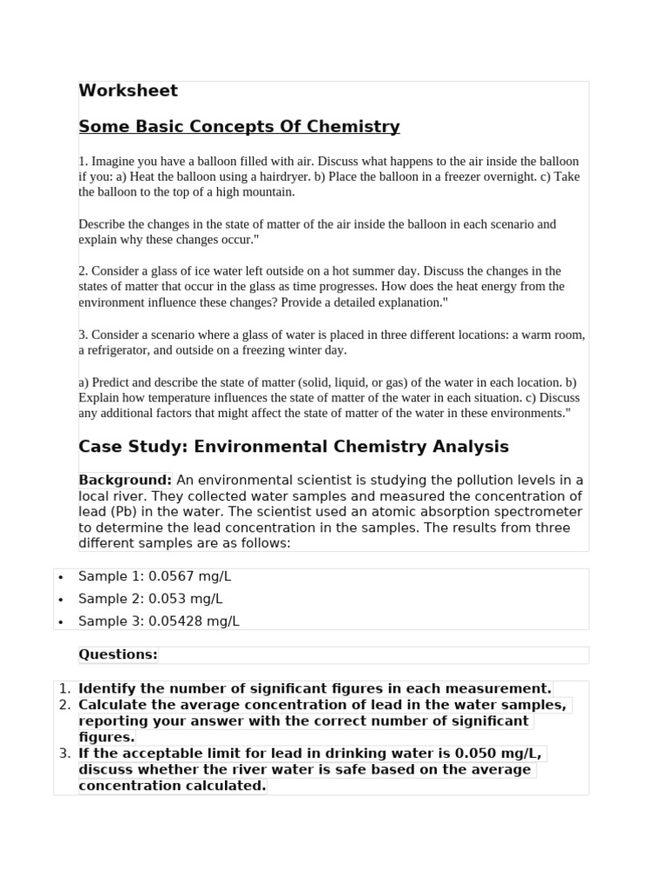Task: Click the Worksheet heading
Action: (x=128, y=90)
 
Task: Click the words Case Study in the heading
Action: (x=131, y=447)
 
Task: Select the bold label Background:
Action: (x=125, y=481)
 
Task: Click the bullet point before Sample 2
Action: (x=60, y=600)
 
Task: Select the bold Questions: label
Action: (x=118, y=654)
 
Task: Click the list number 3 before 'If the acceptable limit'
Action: (x=64, y=753)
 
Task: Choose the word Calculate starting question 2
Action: (x=113, y=704)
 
